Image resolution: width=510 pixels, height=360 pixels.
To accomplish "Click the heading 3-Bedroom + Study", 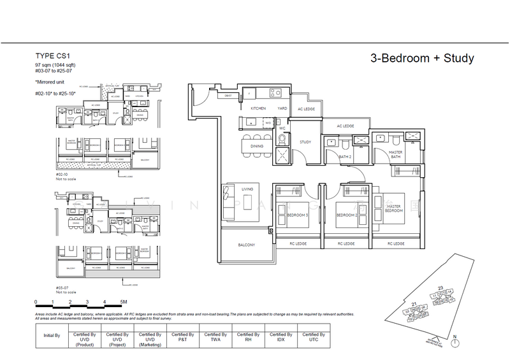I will [421, 59].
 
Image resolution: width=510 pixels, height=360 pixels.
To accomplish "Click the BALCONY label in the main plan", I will [247, 245].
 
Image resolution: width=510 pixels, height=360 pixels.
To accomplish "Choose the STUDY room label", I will [305, 141].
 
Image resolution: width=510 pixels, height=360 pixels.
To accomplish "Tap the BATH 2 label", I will [346, 156].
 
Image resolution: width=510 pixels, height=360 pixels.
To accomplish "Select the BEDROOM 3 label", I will [297, 215].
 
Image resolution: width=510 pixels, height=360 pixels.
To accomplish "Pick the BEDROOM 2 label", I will [346, 215].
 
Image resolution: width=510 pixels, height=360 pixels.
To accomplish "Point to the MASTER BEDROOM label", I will [393, 208].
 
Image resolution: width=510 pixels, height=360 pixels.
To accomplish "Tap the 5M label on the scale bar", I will [123, 301].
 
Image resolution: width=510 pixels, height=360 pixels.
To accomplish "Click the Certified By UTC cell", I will [313, 337].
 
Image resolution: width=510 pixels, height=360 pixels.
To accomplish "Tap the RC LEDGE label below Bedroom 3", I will [297, 243].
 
